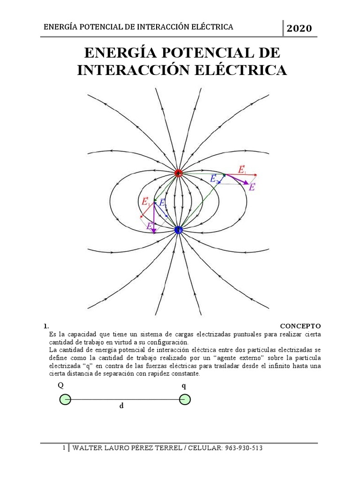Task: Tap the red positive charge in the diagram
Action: (178, 173)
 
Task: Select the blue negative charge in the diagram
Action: (178, 230)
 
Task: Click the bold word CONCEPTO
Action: (300, 325)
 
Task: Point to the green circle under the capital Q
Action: (65, 399)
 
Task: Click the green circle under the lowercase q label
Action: (185, 399)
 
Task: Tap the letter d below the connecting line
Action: (121, 406)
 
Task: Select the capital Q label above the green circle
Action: (60, 385)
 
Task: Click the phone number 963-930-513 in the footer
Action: (238, 448)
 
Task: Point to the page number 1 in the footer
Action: (64, 448)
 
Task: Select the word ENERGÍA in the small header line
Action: (60, 27)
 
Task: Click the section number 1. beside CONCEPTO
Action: (46, 325)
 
